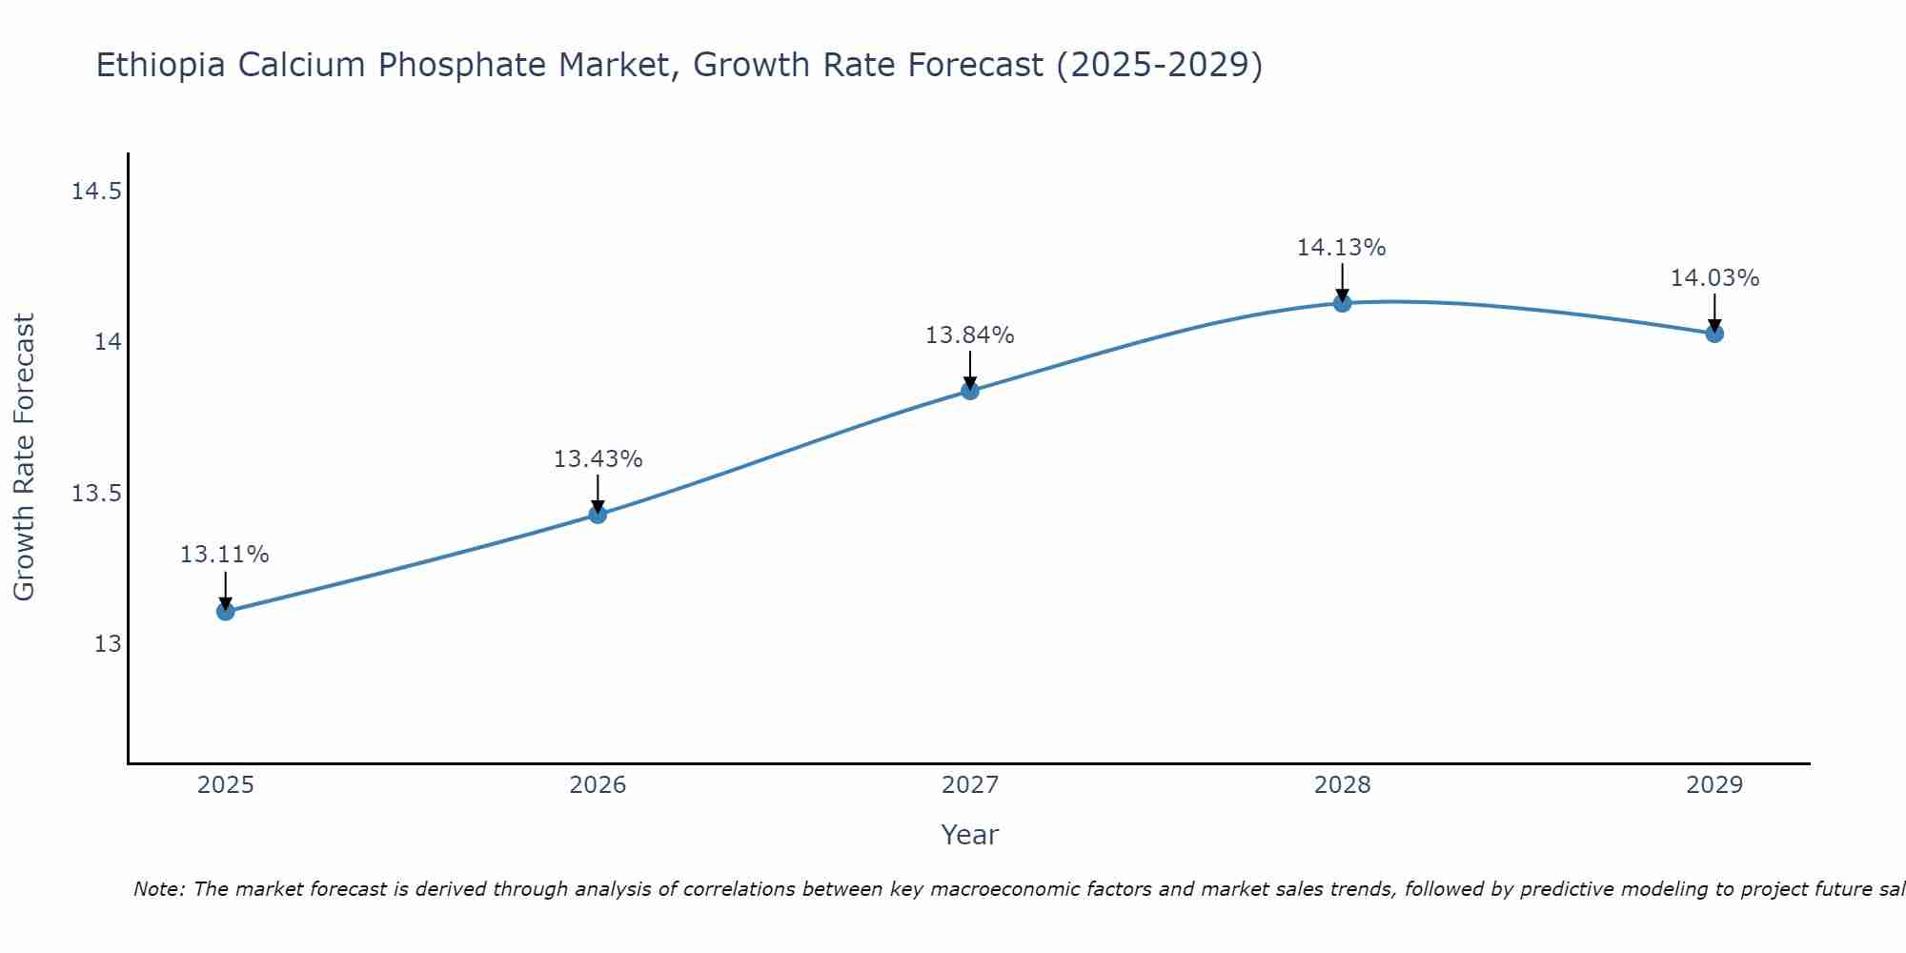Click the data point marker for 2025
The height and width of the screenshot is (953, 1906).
click(226, 611)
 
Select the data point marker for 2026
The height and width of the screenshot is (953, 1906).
click(598, 515)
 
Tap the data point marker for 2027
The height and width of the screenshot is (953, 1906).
click(970, 391)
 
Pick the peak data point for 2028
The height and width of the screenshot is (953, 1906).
click(1342, 303)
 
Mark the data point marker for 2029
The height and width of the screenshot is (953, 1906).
click(1714, 334)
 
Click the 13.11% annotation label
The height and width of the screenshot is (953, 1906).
click(225, 555)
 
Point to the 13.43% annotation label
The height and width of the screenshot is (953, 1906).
click(598, 459)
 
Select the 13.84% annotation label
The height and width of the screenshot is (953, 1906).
click(969, 335)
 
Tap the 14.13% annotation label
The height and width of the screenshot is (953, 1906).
click(1341, 248)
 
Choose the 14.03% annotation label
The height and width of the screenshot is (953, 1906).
click(1714, 278)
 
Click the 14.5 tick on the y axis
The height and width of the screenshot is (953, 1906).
click(97, 193)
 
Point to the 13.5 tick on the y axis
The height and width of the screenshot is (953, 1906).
click(97, 494)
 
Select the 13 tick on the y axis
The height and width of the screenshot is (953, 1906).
click(109, 644)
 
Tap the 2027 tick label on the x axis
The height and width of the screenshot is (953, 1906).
click(970, 785)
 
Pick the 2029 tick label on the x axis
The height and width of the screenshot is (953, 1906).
click(1714, 785)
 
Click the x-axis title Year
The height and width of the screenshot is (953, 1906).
click(969, 835)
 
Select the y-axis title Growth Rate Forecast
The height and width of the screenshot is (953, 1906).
click(25, 457)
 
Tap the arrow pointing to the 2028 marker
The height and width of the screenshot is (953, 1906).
click(1342, 282)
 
